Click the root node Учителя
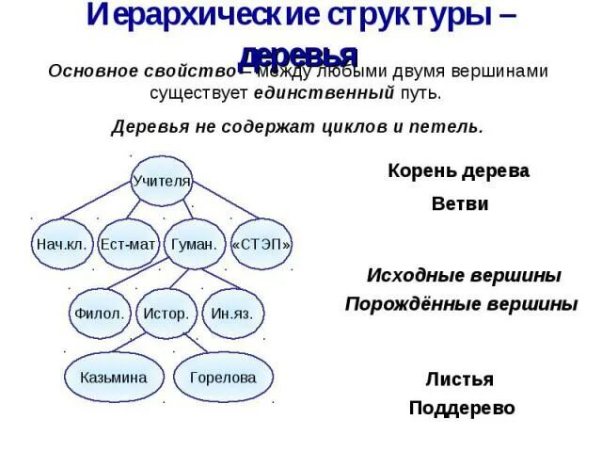click(x=161, y=180)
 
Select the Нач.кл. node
click(x=62, y=244)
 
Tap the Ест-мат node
click(x=128, y=244)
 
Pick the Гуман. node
click(x=195, y=244)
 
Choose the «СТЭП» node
click(x=261, y=244)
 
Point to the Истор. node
click(x=166, y=314)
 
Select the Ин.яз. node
click(x=232, y=314)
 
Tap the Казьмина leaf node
click(x=114, y=378)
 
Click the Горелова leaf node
click(x=223, y=378)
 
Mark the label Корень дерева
click(x=458, y=171)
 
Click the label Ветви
click(x=460, y=203)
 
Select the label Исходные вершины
click(x=463, y=276)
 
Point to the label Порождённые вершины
click(x=461, y=304)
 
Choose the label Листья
click(x=459, y=379)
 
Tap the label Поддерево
click(x=462, y=409)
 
